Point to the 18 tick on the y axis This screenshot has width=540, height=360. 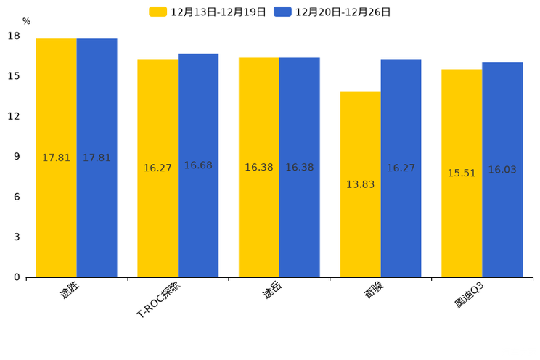[14, 36]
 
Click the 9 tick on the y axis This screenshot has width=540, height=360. [17, 157]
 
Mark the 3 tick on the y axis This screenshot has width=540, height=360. [17, 237]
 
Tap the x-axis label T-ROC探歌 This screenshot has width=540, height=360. [157, 300]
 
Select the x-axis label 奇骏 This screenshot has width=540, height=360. [374, 290]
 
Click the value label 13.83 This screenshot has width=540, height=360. [360, 184]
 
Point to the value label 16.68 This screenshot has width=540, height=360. [198, 165]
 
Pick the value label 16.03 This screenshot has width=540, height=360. [502, 170]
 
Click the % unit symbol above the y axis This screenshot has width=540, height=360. [26, 22]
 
